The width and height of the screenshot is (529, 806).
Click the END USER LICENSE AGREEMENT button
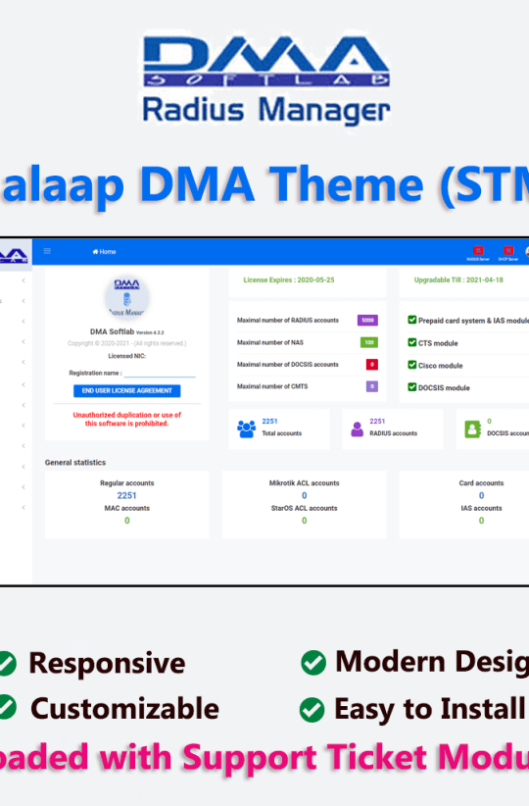[x=126, y=390]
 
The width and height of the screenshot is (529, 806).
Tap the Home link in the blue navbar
[x=104, y=252]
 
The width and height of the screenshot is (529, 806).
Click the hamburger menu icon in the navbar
[x=47, y=251]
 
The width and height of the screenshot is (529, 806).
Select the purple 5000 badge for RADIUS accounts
[x=367, y=321]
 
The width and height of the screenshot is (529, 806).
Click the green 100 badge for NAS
[x=368, y=342]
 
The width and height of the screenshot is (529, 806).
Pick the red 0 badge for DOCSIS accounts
[x=371, y=365]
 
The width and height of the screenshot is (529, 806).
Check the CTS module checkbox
[x=411, y=342]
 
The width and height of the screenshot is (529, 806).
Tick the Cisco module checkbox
[x=411, y=365]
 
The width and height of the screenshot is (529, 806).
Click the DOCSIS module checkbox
[x=411, y=387]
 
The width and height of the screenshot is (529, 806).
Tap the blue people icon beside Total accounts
[x=246, y=428]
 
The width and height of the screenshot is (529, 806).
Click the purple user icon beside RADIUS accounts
[x=356, y=428]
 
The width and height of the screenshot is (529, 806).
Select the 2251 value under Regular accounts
[x=126, y=495]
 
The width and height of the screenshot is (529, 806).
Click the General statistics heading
[x=75, y=462]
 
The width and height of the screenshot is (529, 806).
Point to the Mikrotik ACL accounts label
[x=304, y=483]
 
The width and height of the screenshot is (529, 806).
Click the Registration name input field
[x=159, y=374]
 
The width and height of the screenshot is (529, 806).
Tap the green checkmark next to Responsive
[x=6, y=664]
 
